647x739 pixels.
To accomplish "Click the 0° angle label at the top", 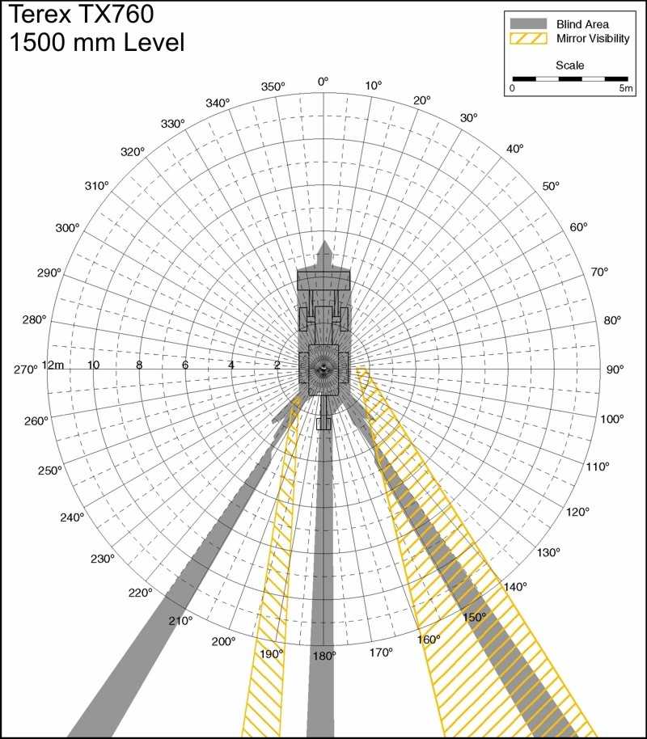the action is coord(323,82).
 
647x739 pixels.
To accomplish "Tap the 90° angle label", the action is coord(615,369).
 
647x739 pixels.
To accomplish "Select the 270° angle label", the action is coord(25,369).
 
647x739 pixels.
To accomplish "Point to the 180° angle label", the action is coord(324,656).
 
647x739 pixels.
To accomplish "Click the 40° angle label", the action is coord(515,149).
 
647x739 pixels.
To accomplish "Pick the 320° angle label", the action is coord(133,152).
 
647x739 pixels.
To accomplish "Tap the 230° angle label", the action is coord(103,559).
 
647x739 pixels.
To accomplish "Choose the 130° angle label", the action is coord(548,552).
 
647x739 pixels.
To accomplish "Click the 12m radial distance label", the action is coord(53,365).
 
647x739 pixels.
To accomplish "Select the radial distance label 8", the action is coord(139,365).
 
